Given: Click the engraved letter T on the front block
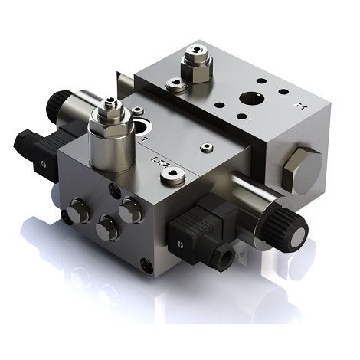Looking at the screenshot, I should pyautogui.click(x=143, y=141).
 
